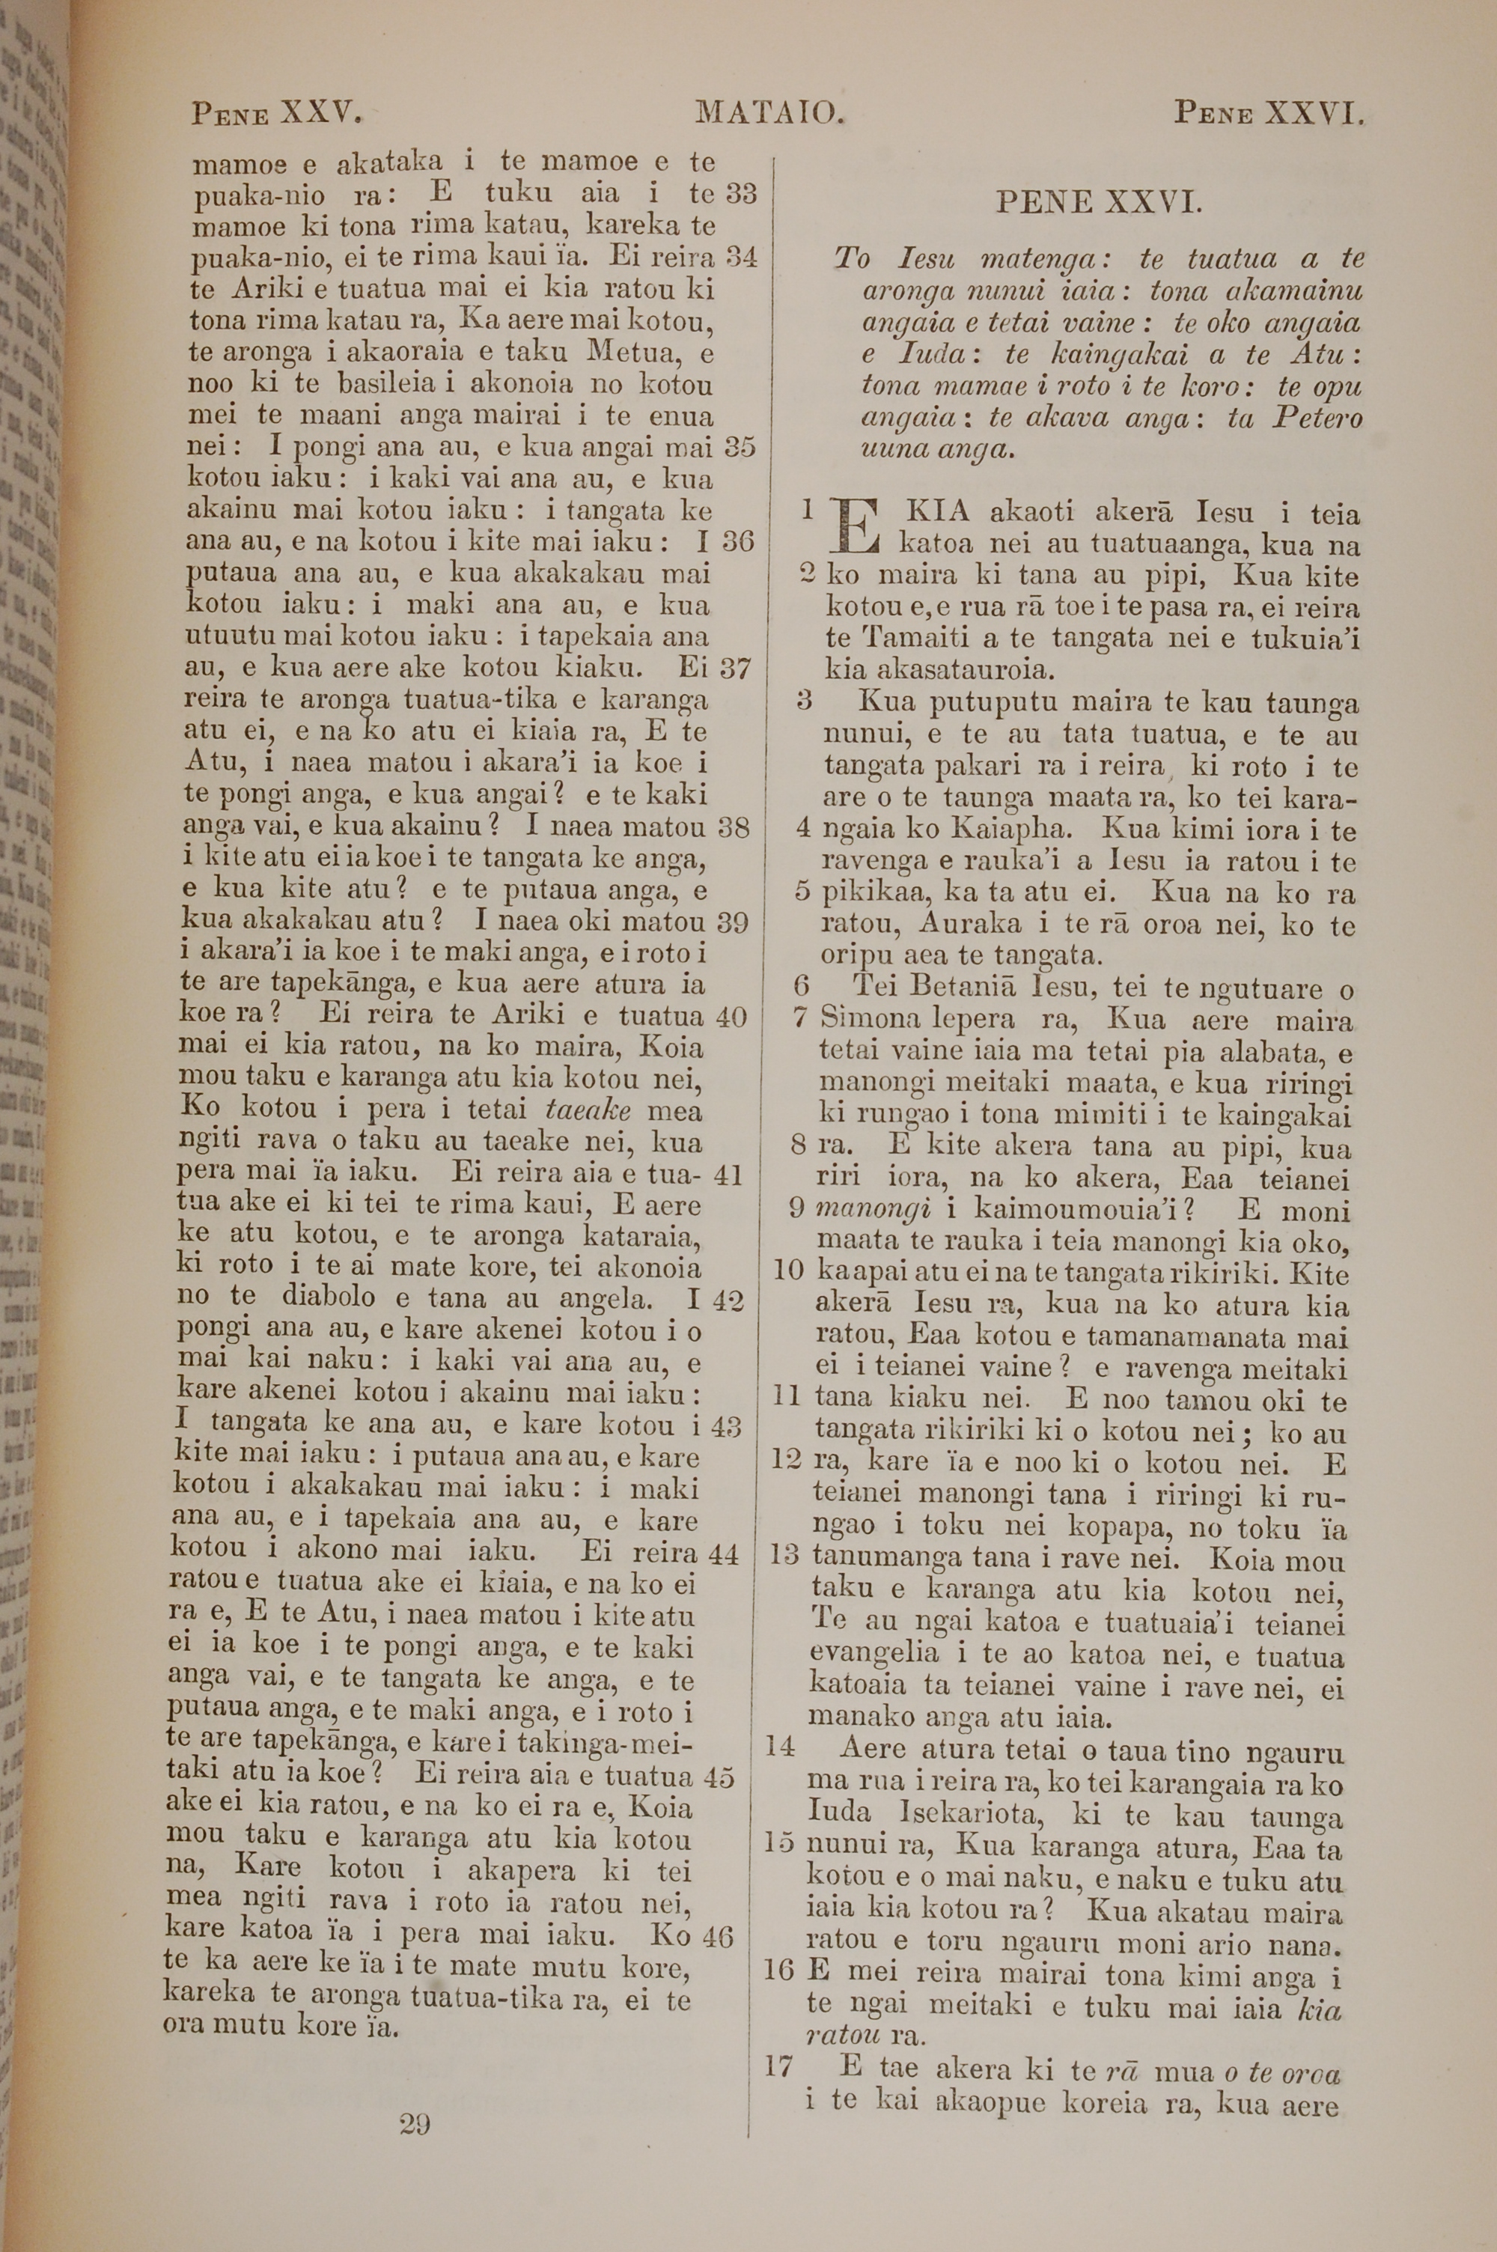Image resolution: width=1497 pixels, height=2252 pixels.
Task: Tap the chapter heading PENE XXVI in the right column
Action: (1099, 204)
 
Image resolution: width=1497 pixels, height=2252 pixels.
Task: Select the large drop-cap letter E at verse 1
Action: (856, 529)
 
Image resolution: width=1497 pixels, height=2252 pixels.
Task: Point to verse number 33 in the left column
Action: (741, 194)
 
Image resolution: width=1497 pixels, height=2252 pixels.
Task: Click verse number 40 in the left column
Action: (731, 1017)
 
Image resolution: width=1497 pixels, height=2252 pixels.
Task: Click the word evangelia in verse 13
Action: (873, 1655)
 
